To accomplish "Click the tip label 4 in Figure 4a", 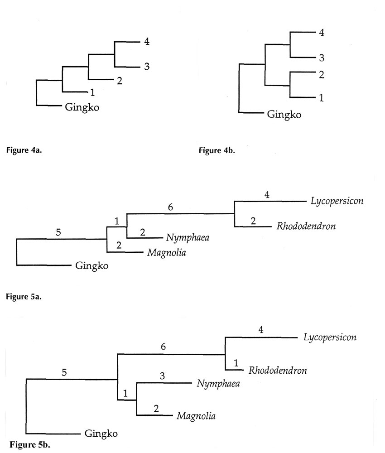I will click(147, 42).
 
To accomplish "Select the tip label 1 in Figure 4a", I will click(92, 93).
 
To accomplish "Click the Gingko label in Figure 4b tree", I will click(284, 114).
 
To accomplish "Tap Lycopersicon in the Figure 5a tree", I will click(337, 201).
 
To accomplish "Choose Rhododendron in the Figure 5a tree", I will click(306, 226).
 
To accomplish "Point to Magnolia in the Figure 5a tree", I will click(167, 252).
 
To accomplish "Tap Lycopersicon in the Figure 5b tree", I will click(327, 337).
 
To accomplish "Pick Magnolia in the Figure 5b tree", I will click(196, 415).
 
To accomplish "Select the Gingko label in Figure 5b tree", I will click(101, 434).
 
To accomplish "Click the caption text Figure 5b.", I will click(30, 444).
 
